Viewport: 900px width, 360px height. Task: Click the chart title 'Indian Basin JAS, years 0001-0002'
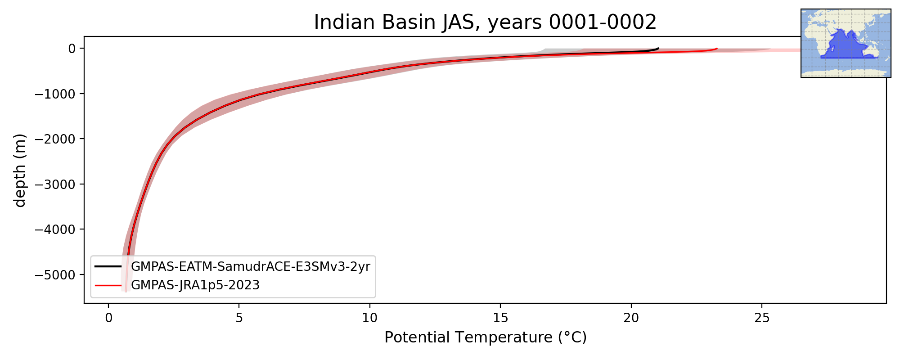pyautogui.click(x=485, y=22)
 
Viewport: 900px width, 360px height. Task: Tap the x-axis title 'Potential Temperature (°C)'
pyautogui.click(x=486, y=337)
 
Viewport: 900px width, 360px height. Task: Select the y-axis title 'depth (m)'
pyautogui.click(x=20, y=170)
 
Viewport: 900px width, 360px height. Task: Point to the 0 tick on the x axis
pyautogui.click(x=108, y=318)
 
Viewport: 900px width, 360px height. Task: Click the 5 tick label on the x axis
pyautogui.click(x=239, y=318)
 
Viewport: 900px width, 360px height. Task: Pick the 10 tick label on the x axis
pyautogui.click(x=369, y=318)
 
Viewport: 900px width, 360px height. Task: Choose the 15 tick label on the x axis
pyautogui.click(x=500, y=318)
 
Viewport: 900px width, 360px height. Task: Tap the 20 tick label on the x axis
pyautogui.click(x=631, y=318)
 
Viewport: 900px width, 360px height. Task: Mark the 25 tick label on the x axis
pyautogui.click(x=762, y=318)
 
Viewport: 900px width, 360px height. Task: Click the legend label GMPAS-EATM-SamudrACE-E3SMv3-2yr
pyautogui.click(x=251, y=267)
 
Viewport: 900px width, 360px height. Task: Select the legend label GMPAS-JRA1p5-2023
pyautogui.click(x=195, y=285)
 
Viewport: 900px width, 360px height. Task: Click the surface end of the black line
pyautogui.click(x=658, y=48)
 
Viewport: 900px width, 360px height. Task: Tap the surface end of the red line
pyautogui.click(x=717, y=49)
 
